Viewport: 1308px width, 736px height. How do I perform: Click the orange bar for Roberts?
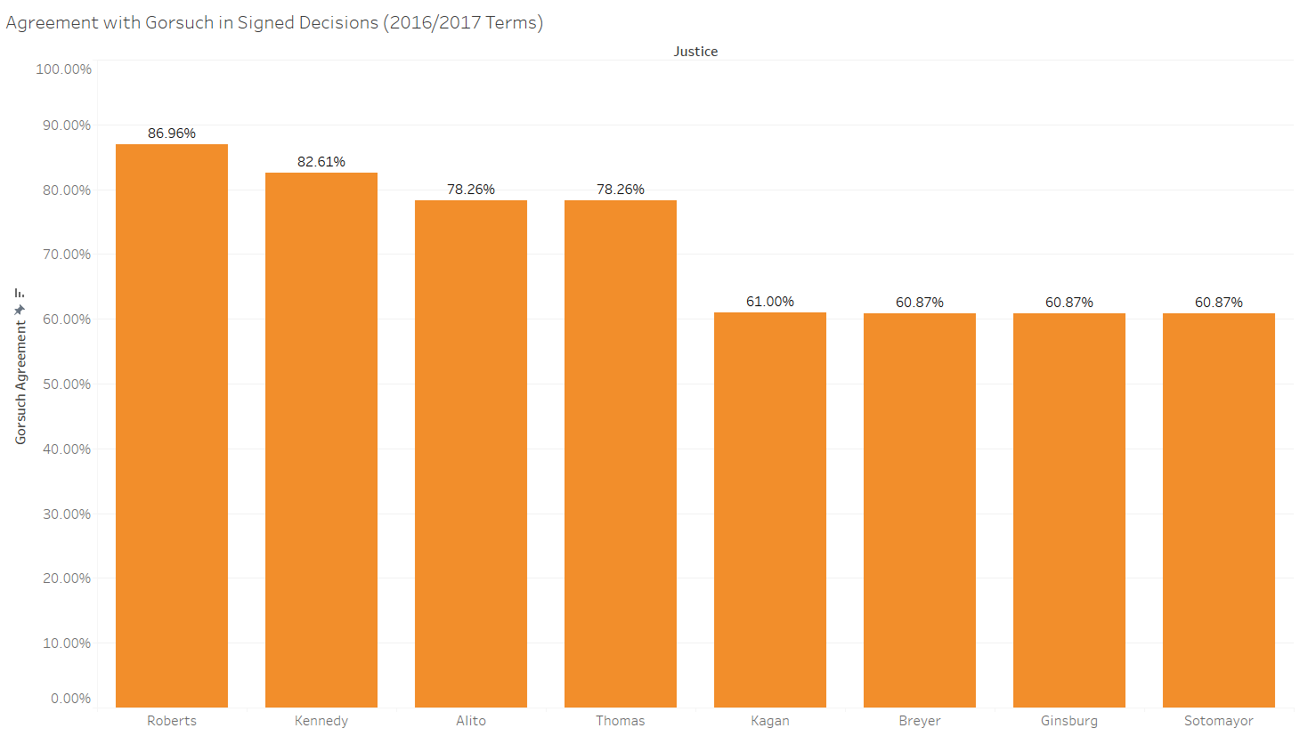[x=172, y=425]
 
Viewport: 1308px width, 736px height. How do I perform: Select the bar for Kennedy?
[x=321, y=440]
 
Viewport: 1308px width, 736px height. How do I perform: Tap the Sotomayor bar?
[x=1219, y=510]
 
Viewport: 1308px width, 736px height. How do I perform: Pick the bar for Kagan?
[x=770, y=509]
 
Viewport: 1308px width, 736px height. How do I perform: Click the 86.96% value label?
[x=172, y=133]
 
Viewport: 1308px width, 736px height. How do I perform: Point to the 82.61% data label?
[x=321, y=162]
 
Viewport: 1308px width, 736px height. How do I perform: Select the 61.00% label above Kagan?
[x=770, y=302]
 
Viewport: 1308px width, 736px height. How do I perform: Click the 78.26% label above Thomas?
[x=621, y=190]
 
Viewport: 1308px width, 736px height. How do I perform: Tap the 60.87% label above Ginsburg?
[x=1069, y=303]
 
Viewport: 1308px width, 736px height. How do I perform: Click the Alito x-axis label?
[x=471, y=721]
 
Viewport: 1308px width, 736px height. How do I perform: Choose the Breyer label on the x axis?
[x=920, y=721]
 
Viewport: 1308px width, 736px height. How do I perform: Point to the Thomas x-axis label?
[x=621, y=721]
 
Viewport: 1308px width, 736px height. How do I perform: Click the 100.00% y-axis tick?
[x=64, y=69]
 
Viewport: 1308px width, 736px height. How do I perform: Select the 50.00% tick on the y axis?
[x=67, y=384]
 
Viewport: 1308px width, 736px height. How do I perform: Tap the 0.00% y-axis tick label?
[x=71, y=699]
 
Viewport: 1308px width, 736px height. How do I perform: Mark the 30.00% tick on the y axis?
[x=67, y=514]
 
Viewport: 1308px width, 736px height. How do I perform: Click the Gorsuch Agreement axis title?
[x=21, y=383]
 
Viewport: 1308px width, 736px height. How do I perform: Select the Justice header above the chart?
[x=695, y=52]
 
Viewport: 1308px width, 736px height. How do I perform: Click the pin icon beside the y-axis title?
[x=20, y=310]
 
